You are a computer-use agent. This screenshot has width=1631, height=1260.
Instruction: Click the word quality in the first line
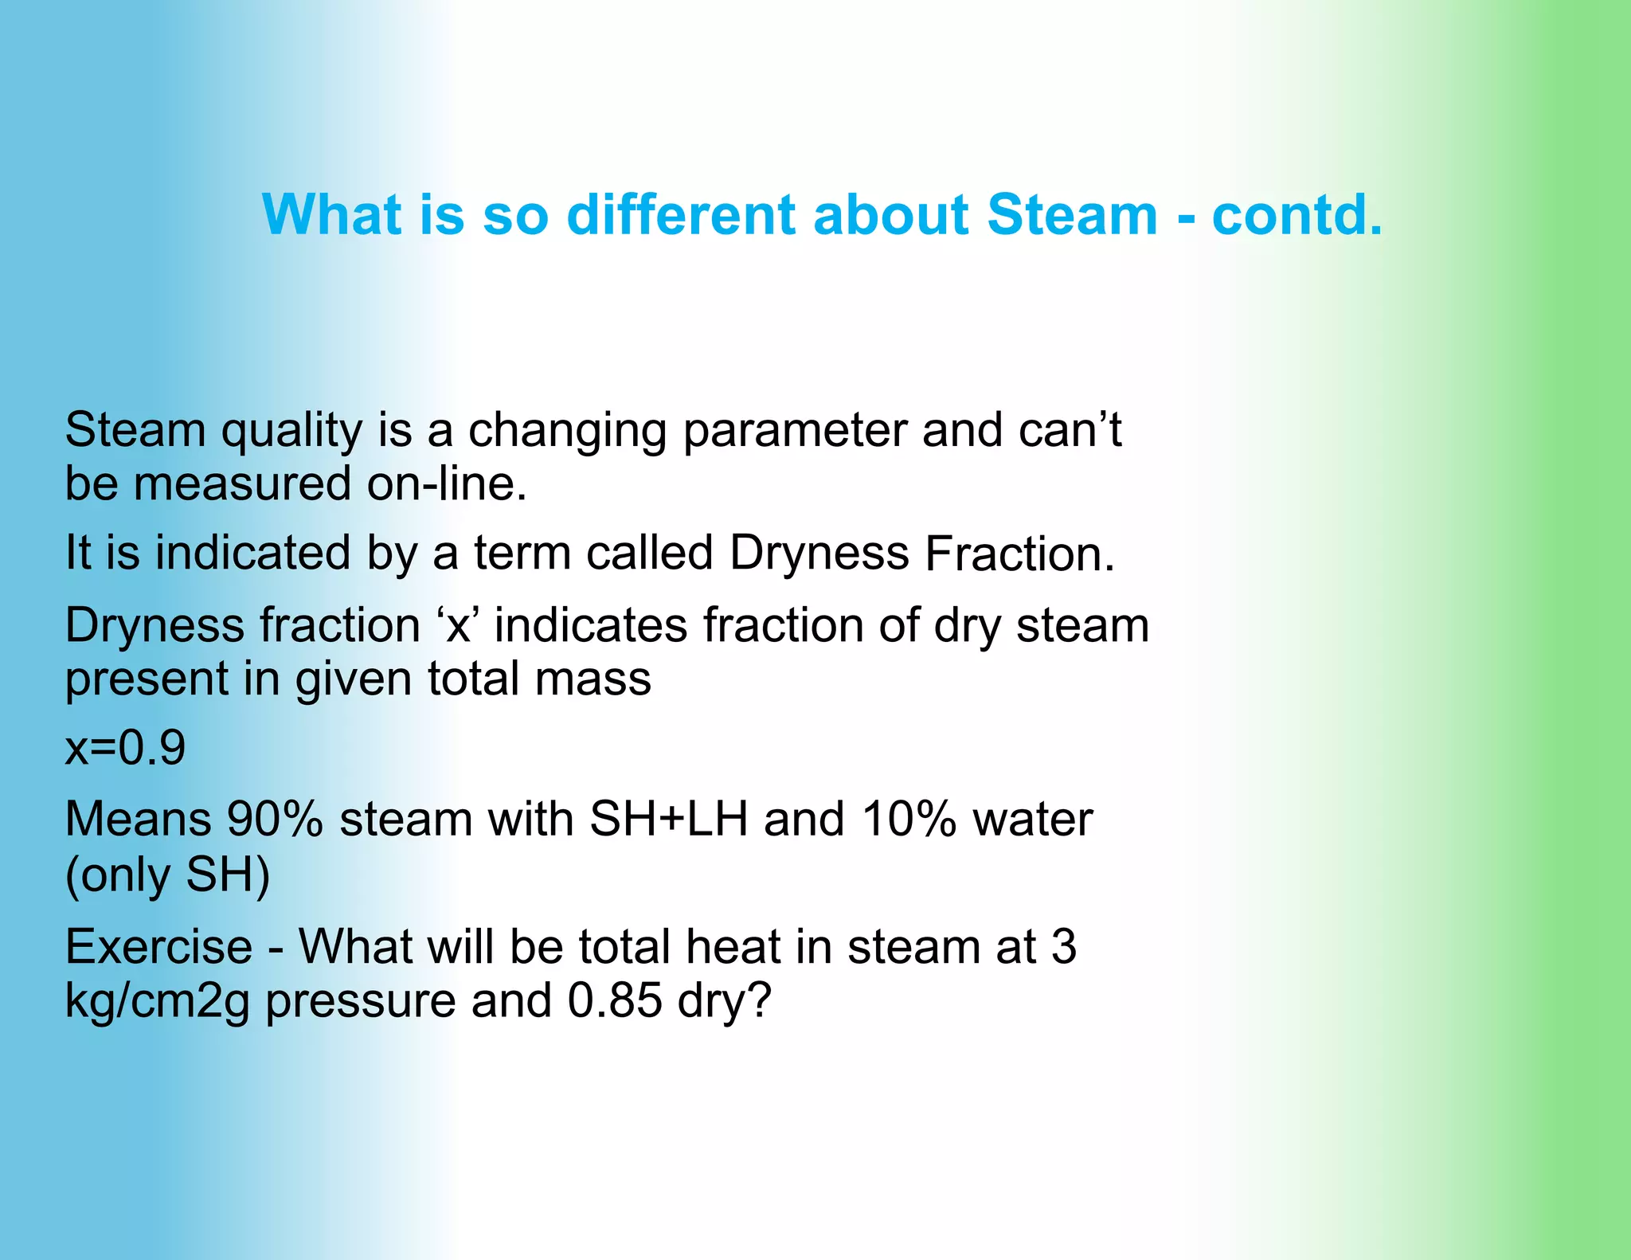291,432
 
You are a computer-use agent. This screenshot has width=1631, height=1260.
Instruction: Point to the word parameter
795,432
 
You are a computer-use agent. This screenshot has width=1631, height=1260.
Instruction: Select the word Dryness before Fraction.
819,554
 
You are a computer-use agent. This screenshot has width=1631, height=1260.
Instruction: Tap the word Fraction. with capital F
1019,554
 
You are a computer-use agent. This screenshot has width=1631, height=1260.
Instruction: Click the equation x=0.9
125,748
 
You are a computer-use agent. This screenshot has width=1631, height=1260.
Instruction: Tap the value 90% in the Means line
275,820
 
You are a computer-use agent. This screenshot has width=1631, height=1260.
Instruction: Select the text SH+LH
668,820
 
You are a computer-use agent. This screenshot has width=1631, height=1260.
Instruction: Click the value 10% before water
909,820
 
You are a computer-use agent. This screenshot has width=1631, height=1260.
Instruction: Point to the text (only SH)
167,875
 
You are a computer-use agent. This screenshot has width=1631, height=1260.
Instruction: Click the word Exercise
158,947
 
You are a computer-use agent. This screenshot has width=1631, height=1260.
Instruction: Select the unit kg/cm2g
157,1002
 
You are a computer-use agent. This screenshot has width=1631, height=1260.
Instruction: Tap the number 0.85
615,1001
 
